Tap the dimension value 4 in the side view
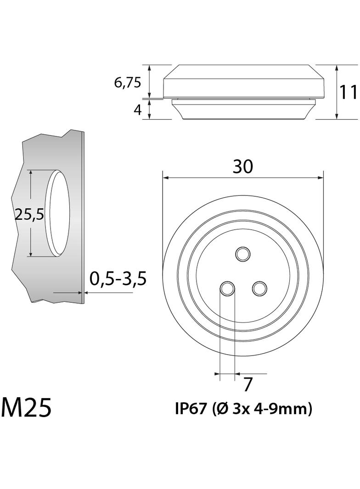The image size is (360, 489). pos(137,111)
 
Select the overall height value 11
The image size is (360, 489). pos(349,92)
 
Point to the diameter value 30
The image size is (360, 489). pos(242,167)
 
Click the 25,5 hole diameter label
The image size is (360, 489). pos(29,214)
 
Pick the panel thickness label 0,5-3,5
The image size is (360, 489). pos(118,278)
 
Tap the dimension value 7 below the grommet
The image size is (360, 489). pos(247,384)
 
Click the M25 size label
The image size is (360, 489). pos(26,407)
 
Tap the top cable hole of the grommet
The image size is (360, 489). pos(242,253)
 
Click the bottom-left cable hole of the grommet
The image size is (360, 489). pos(227,289)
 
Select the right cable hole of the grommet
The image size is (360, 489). pos(259,289)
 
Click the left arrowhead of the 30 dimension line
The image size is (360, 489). pos(166,178)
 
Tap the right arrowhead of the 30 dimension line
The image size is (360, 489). pos(321,178)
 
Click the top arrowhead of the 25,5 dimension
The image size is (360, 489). pos(30,173)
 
